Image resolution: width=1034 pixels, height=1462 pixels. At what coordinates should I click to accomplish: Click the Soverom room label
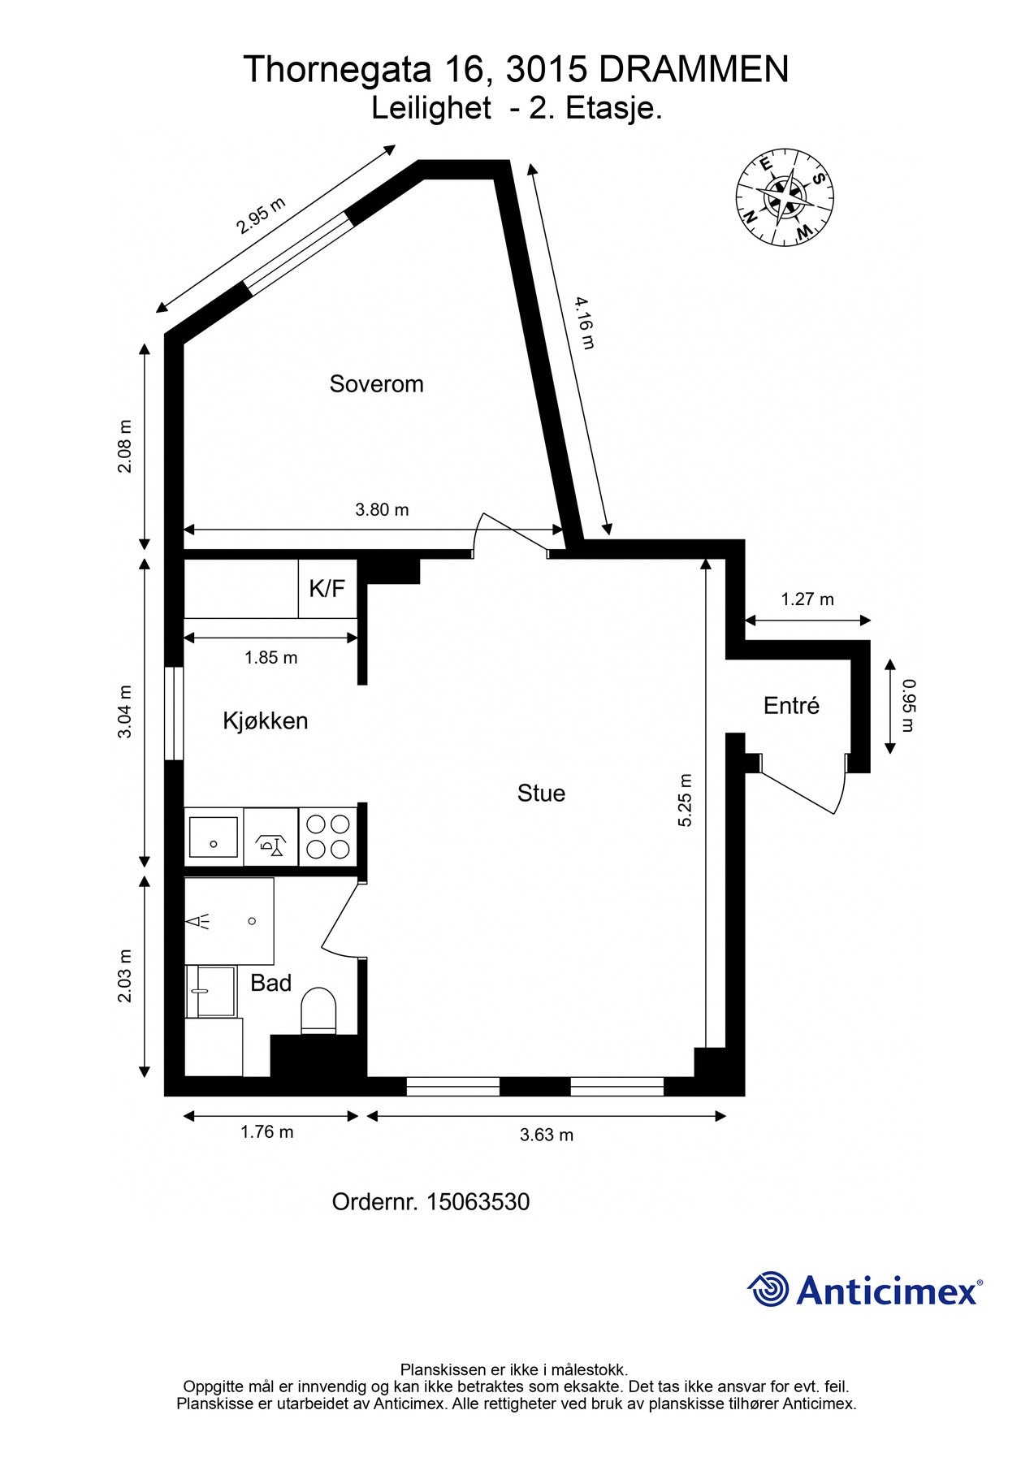tap(376, 383)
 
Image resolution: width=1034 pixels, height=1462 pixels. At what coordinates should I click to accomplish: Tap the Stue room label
tap(541, 794)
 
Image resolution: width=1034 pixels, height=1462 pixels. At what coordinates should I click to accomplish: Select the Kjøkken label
tap(265, 720)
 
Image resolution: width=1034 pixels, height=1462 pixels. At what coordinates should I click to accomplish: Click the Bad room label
tap(270, 983)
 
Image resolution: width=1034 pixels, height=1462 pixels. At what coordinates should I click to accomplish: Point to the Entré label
tap(791, 706)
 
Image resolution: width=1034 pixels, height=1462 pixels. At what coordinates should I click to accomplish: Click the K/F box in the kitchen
tap(327, 588)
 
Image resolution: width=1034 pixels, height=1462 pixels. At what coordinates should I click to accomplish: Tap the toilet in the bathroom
tap(318, 1011)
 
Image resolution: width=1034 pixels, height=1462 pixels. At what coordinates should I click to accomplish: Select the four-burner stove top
tap(328, 837)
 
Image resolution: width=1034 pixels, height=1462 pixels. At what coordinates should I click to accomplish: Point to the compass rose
tap(785, 197)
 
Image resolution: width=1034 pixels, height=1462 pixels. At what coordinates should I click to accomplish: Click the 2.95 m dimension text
tap(261, 215)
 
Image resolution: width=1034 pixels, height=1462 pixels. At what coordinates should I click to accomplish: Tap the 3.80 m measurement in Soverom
tap(382, 510)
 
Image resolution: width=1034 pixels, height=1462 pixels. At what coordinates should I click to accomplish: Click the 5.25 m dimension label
tap(685, 800)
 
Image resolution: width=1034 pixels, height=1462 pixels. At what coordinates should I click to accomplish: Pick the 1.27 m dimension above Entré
tap(807, 599)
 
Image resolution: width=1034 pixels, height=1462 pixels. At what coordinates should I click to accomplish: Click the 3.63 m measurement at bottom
tap(546, 1135)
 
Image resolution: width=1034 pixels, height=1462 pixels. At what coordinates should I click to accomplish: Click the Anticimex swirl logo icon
tap(768, 1289)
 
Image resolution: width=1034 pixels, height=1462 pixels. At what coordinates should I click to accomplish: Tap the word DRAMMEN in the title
tap(693, 70)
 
